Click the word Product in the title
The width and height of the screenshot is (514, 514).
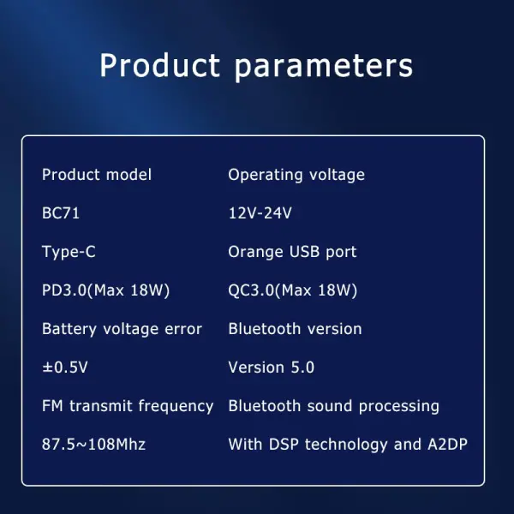159,65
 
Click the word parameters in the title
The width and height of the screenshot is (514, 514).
323,67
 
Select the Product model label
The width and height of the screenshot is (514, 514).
97,175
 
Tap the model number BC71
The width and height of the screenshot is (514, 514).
61,213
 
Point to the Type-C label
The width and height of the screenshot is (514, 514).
68,252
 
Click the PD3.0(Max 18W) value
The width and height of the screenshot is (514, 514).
106,290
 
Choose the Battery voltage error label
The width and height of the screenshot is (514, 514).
122,329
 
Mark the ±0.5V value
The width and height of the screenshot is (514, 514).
65,368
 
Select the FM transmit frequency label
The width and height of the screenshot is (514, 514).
128,406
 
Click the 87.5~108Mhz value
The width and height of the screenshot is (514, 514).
93,445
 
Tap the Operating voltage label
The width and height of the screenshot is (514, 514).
296,175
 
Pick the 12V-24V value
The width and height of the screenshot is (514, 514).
260,213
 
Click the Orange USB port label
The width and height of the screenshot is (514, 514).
292,252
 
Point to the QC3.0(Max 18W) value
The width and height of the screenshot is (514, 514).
292,290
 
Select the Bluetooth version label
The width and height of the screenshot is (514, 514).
295,329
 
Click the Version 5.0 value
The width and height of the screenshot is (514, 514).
271,368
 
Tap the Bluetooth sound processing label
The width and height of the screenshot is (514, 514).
333,406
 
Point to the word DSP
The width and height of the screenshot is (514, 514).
284,445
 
